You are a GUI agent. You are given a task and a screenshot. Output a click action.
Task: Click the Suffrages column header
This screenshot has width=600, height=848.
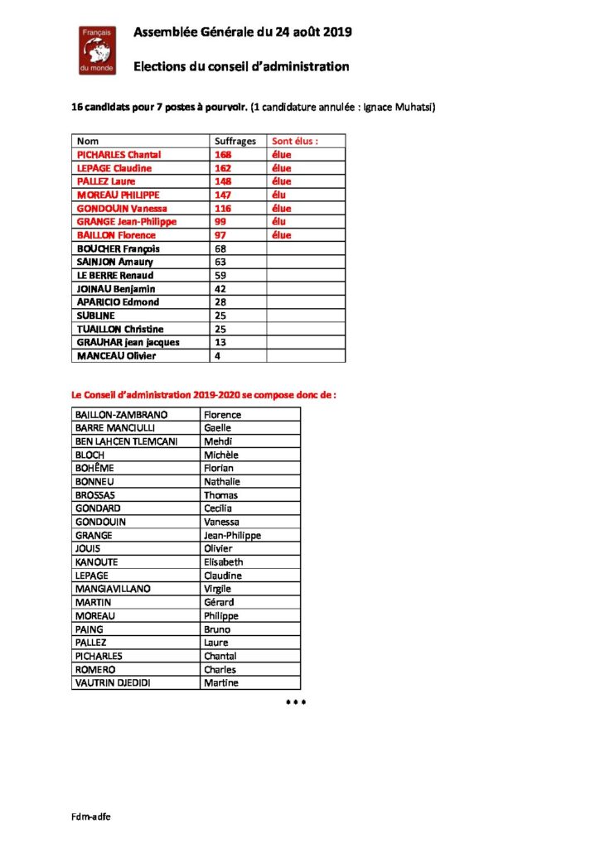(x=235, y=142)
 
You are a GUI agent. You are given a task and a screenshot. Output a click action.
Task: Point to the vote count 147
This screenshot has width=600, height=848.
(x=222, y=195)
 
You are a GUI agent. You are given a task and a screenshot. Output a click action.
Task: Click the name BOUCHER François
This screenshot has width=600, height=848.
(x=118, y=248)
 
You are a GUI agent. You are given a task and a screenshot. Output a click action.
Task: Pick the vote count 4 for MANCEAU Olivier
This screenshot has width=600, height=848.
(x=218, y=356)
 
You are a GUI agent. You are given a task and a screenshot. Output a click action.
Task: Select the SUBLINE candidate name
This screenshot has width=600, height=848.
(x=95, y=316)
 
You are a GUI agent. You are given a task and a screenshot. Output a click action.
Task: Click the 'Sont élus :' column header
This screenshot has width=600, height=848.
(x=296, y=142)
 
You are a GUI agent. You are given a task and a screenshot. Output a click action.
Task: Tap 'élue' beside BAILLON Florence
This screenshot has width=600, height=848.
(x=282, y=235)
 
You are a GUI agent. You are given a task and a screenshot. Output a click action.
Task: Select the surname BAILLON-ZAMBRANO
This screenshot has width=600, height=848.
(x=121, y=414)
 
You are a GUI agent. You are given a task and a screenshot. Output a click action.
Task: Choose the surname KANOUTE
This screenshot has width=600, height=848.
(x=98, y=562)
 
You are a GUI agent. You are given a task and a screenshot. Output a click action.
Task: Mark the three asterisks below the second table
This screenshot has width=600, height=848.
(x=296, y=702)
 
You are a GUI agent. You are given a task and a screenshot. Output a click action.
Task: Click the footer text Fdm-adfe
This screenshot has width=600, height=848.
(x=91, y=816)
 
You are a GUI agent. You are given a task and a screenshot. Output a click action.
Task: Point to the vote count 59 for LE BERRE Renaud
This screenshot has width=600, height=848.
(x=220, y=275)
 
